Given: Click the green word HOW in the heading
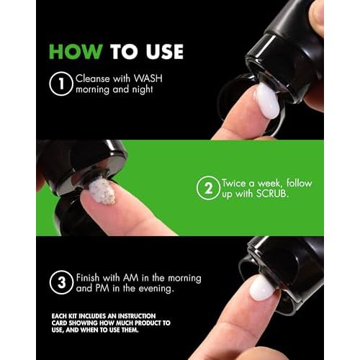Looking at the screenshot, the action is click(x=76, y=52).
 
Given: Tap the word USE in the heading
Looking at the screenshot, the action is click(x=165, y=52).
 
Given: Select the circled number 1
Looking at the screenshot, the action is click(x=61, y=84).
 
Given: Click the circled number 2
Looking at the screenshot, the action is click(x=208, y=188).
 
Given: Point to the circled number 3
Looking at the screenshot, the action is click(x=61, y=282).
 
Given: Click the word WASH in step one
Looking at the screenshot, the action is click(x=148, y=78).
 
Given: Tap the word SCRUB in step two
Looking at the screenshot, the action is click(x=271, y=194).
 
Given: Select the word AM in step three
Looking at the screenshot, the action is click(x=131, y=278).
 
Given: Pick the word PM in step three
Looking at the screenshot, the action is click(x=102, y=288).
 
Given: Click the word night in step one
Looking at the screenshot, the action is click(x=143, y=90).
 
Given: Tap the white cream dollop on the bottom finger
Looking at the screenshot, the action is click(x=261, y=288).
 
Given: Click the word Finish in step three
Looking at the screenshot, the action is click(x=88, y=278).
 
